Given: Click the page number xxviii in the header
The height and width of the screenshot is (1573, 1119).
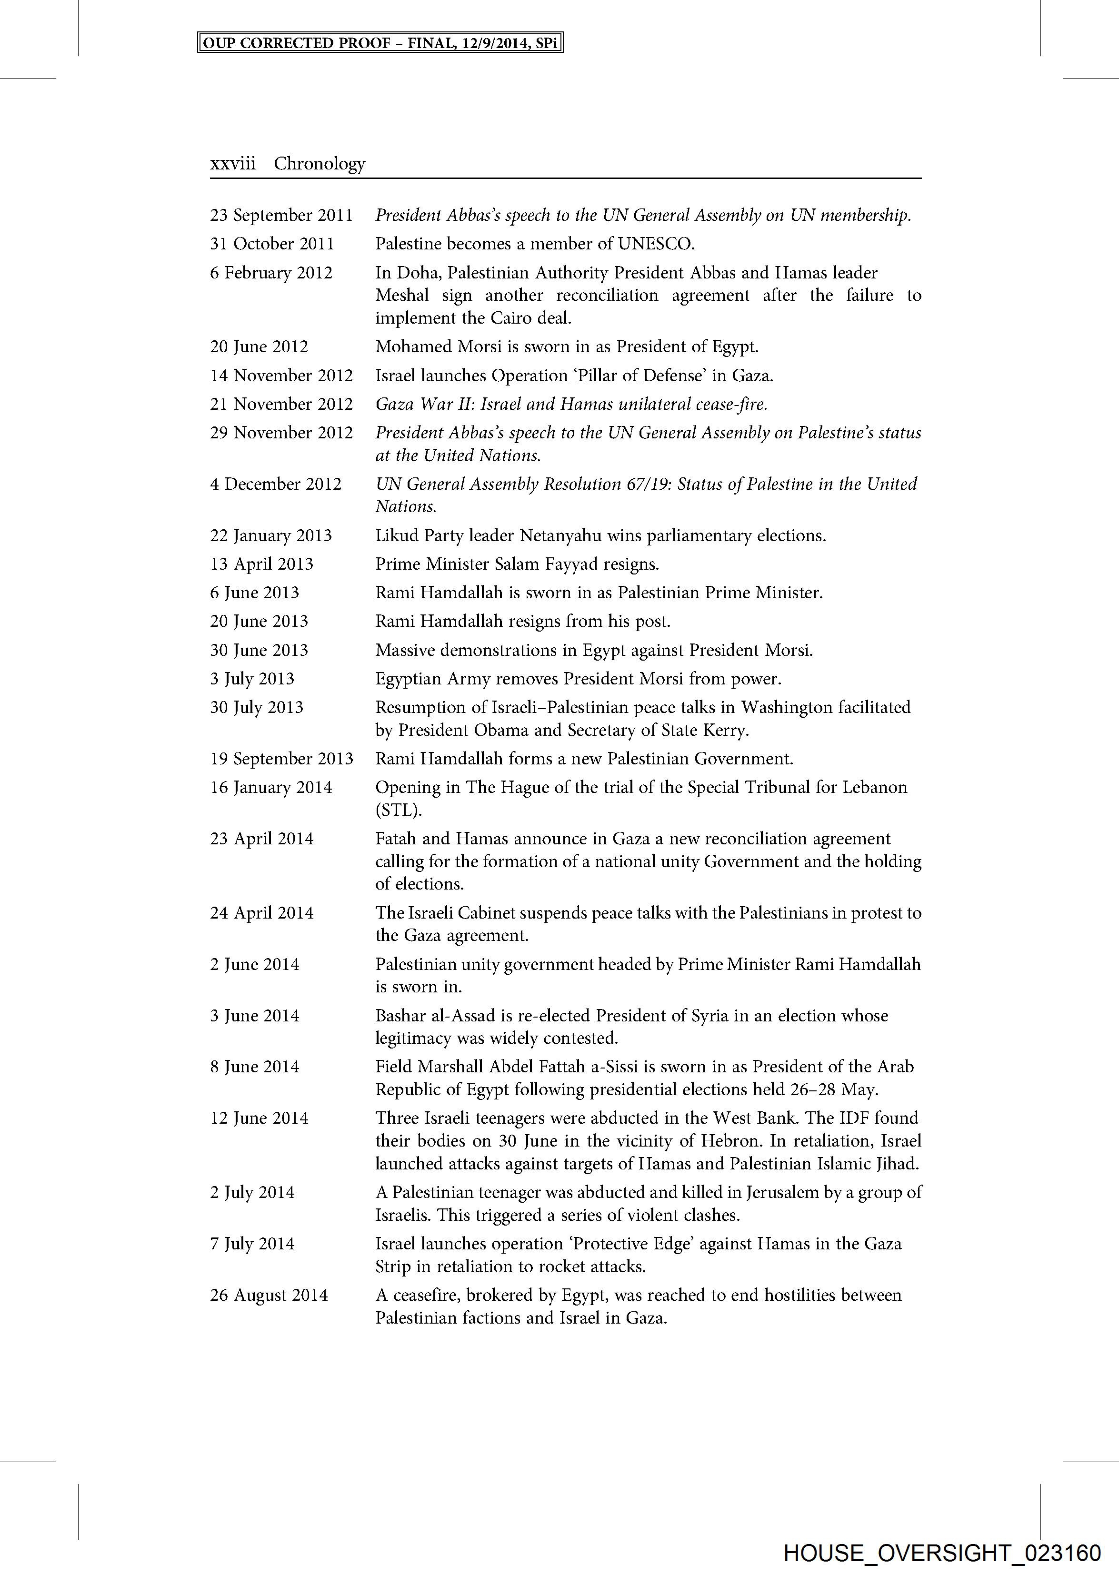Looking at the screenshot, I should [x=232, y=164].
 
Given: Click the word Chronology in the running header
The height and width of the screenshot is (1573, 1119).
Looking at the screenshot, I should [x=320, y=164].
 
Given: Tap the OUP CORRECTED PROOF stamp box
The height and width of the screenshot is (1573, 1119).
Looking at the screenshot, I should [x=380, y=43].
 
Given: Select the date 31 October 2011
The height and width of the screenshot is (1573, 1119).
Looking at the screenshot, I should [x=272, y=244].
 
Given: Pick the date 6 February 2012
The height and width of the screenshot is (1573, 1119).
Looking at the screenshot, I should [x=271, y=273].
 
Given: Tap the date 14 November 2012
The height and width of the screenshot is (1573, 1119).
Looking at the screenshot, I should [x=281, y=376].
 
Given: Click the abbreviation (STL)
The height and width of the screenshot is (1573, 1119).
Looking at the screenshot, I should [x=398, y=810].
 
